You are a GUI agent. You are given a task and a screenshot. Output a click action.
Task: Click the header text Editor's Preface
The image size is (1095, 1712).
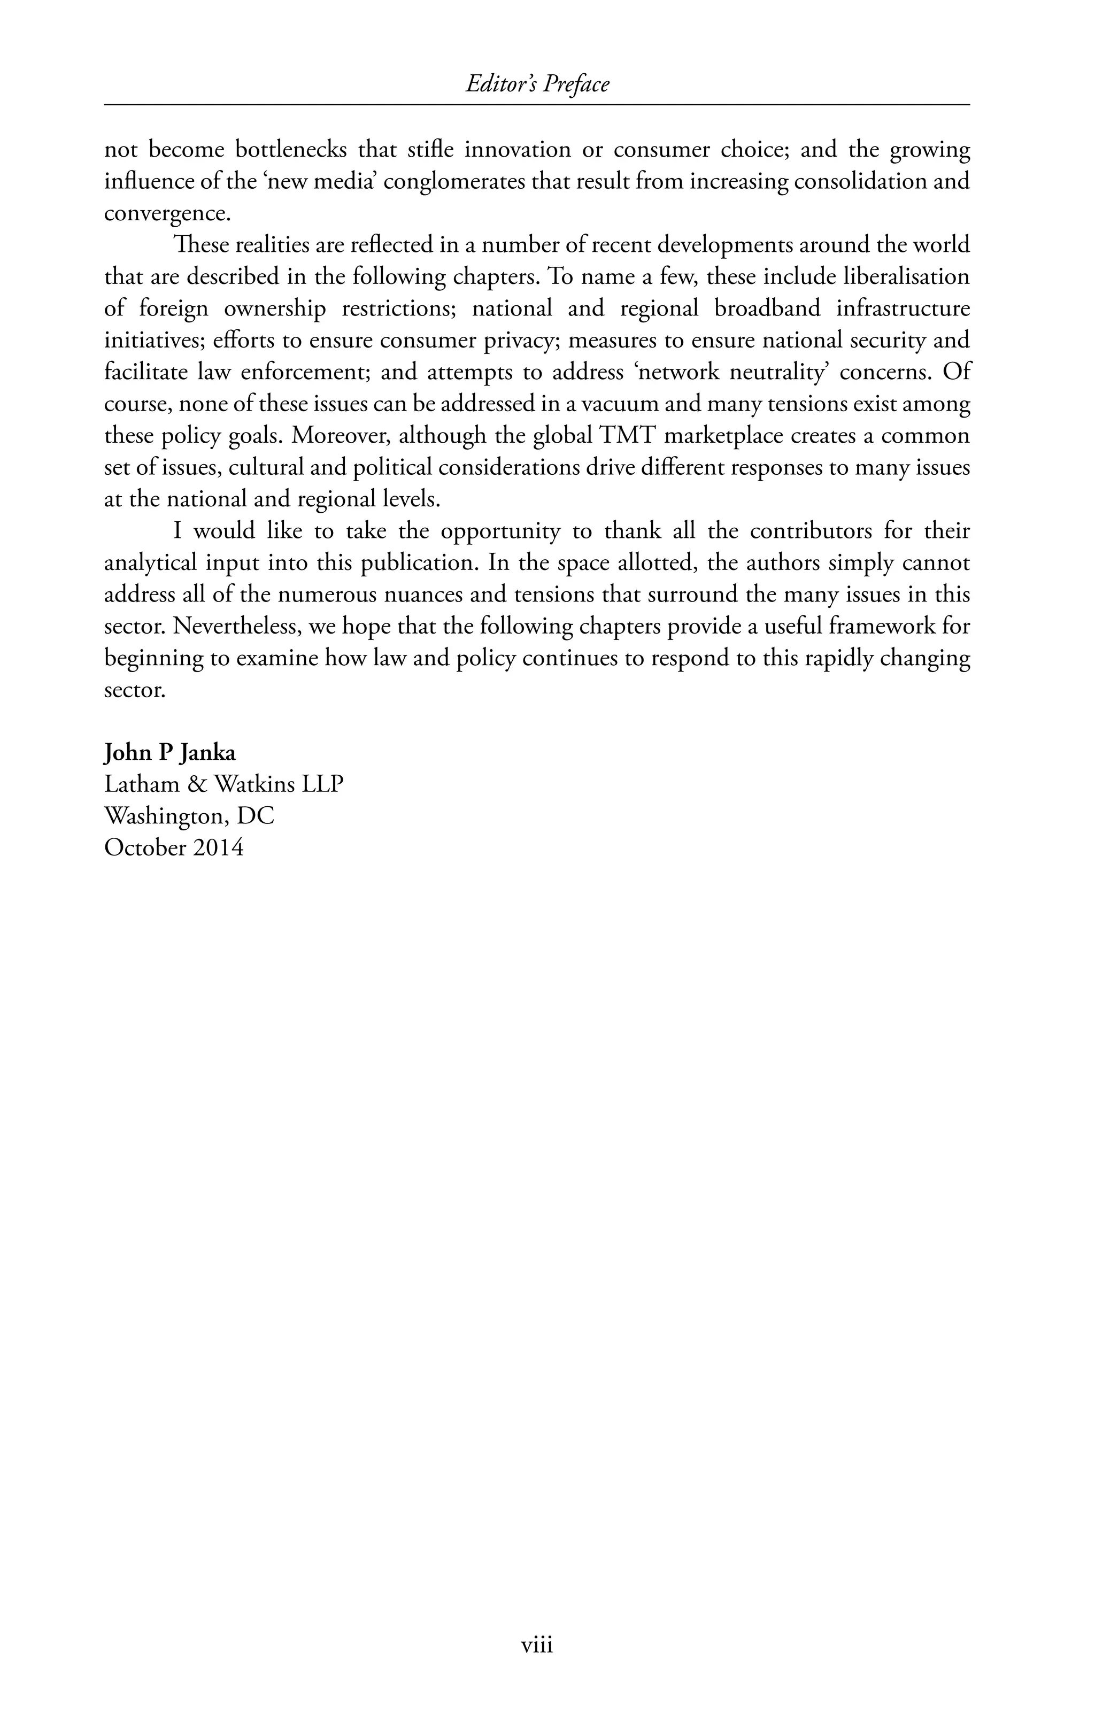coord(537,84)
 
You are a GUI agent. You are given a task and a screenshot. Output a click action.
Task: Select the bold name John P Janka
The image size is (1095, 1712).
coord(170,752)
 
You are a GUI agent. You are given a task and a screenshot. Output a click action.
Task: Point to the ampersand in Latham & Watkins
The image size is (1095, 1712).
coord(196,784)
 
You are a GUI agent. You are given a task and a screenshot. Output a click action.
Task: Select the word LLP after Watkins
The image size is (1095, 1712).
coord(323,784)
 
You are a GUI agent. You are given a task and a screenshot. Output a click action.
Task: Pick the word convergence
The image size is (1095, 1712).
coord(167,214)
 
